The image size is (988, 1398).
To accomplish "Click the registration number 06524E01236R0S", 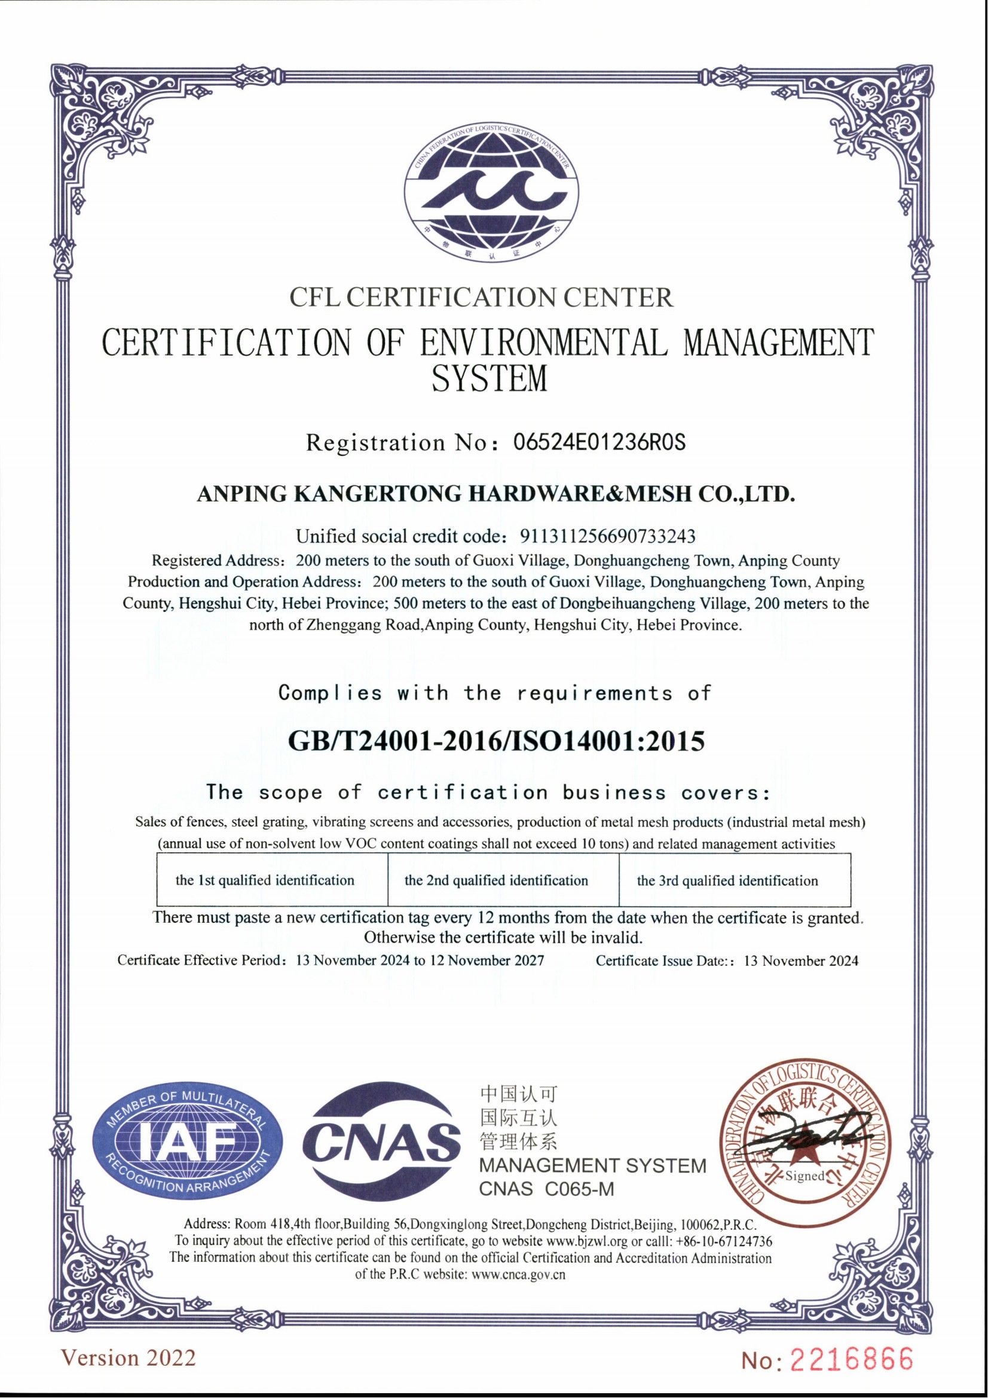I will [x=599, y=442].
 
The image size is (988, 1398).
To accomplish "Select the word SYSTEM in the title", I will [x=490, y=379].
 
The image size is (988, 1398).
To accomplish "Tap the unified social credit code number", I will [x=607, y=536].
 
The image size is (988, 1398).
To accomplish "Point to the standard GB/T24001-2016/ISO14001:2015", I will [x=495, y=741].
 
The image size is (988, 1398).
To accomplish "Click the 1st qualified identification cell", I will [x=265, y=880].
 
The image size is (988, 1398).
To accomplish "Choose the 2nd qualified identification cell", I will [x=496, y=880].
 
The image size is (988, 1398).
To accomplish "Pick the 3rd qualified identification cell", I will [x=727, y=880].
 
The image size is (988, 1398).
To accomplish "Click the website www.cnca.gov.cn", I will [x=519, y=1274].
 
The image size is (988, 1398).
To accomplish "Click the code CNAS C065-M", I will [x=546, y=1189].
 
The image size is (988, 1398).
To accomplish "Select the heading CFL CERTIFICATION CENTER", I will [x=482, y=297].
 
